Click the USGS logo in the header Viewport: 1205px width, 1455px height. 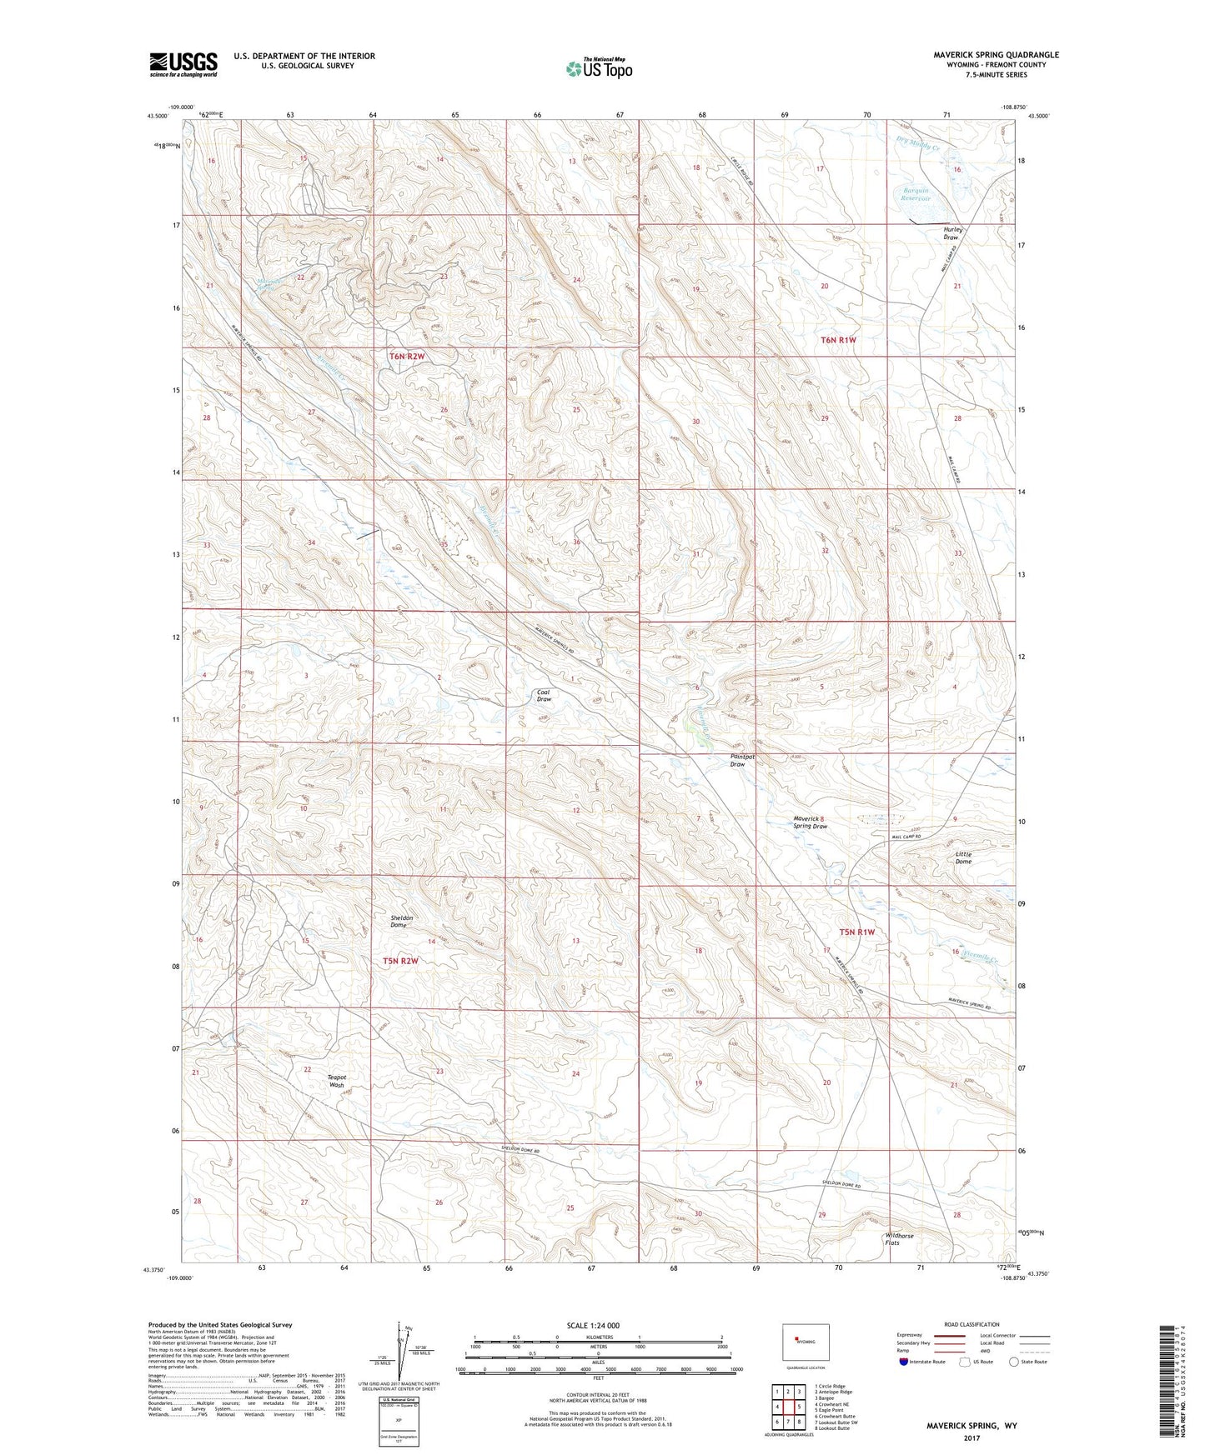(x=183, y=64)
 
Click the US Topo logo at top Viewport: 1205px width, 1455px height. (x=598, y=68)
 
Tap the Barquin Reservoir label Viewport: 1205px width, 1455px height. (x=916, y=194)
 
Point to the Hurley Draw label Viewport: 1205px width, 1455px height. (x=952, y=233)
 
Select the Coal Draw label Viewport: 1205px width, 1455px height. (x=544, y=696)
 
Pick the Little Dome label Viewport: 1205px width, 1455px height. (x=963, y=857)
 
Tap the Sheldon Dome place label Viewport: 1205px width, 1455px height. (x=402, y=921)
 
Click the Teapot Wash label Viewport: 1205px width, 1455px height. (x=336, y=1081)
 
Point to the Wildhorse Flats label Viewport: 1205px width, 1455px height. (x=899, y=1239)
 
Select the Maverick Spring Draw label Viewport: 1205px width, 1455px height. (x=810, y=822)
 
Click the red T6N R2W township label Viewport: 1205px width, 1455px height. (x=407, y=356)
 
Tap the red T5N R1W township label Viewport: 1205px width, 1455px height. (x=857, y=932)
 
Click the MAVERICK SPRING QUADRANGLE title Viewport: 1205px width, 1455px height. (x=996, y=55)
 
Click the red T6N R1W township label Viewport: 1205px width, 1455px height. (x=838, y=340)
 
